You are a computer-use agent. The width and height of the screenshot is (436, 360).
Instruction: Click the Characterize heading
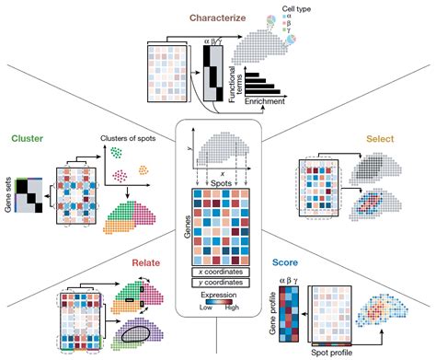point(217,17)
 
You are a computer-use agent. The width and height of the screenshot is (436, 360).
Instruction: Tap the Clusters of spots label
point(126,139)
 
